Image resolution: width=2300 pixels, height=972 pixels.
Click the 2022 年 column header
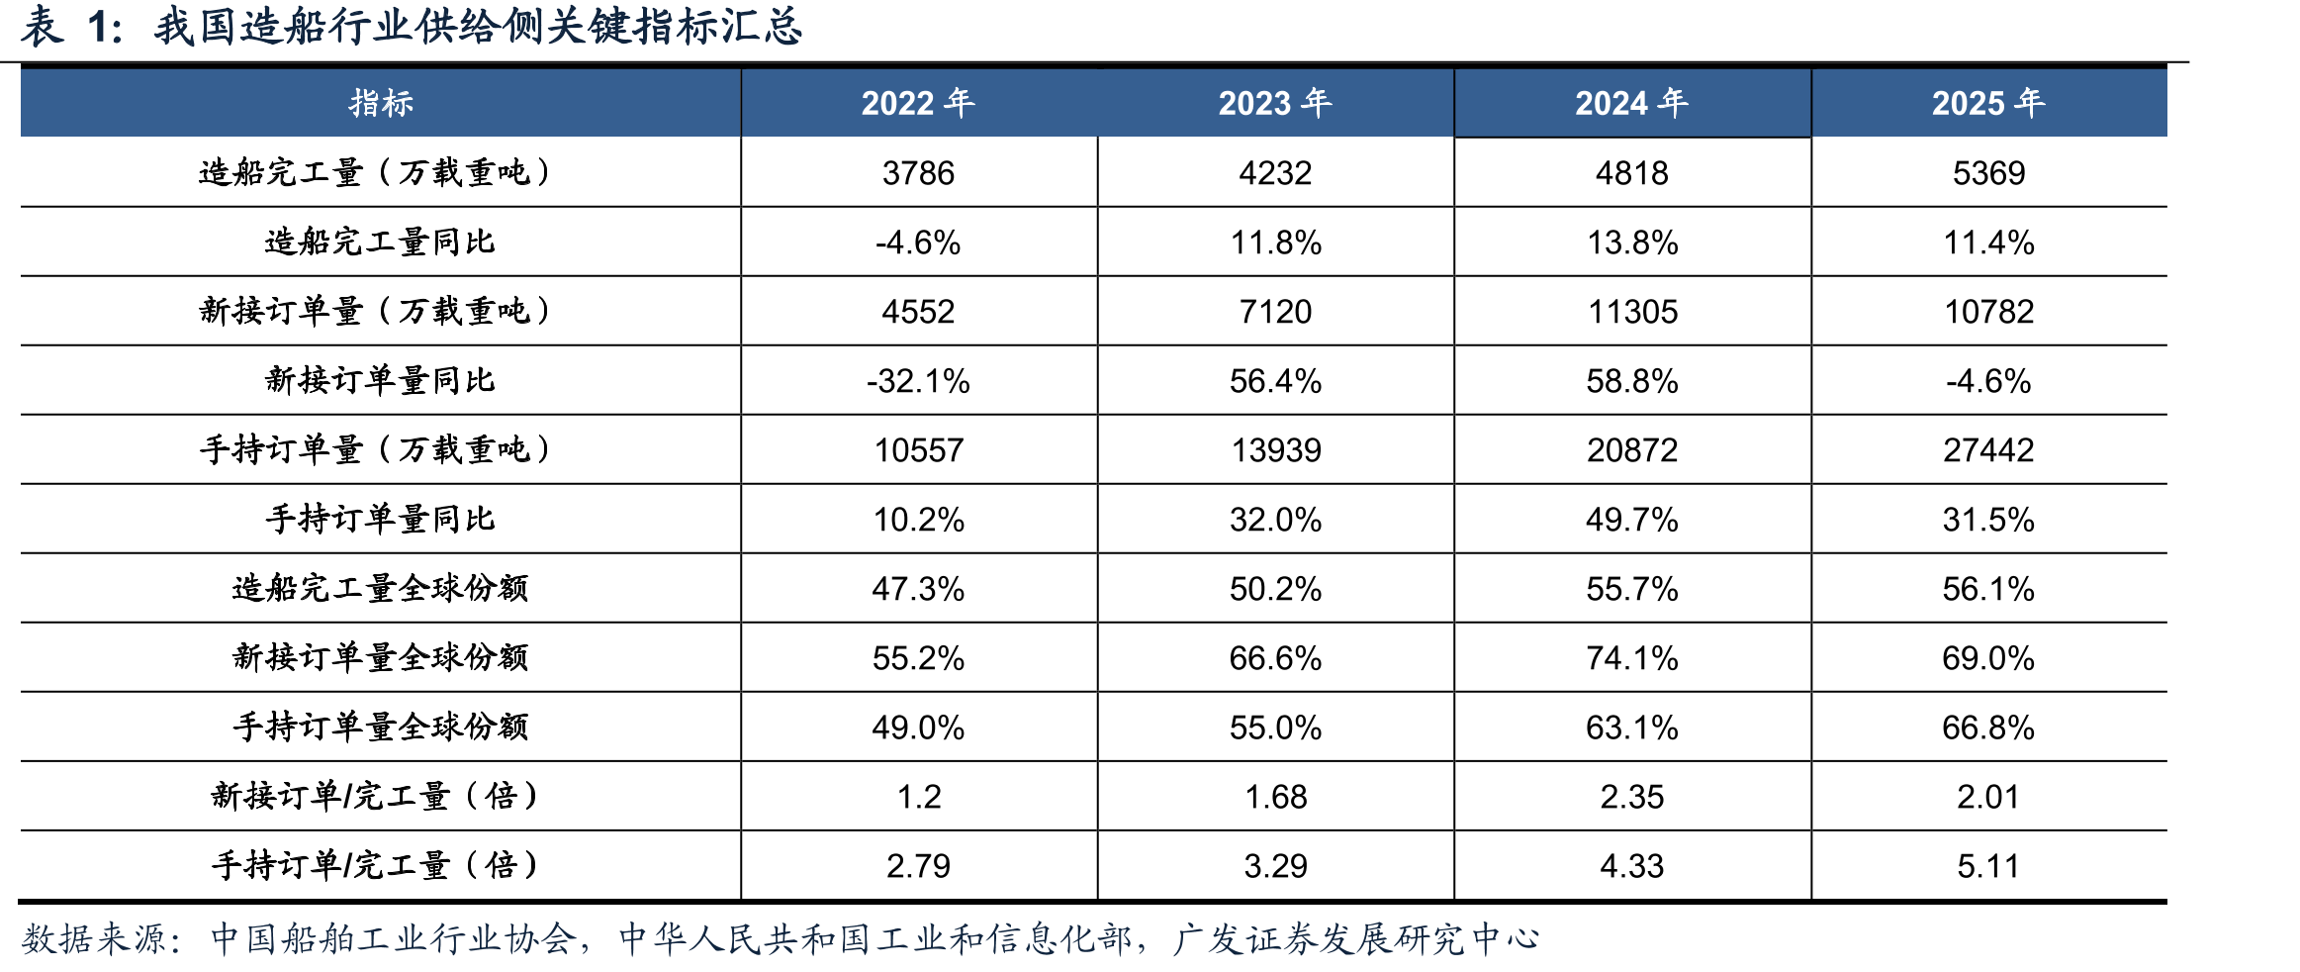pos(918,103)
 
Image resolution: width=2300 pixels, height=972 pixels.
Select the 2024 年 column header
pos(1632,103)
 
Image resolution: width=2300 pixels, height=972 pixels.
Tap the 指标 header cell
pos(381,103)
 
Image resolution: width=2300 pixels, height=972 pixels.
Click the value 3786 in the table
pos(918,173)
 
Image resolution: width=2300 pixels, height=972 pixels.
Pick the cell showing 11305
pos(1632,312)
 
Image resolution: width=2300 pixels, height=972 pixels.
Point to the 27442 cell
pos(1988,450)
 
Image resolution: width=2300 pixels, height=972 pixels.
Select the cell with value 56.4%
pos(1275,381)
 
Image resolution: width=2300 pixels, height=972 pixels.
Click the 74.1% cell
pos(1632,658)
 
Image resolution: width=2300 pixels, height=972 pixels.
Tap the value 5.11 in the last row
pos(1988,866)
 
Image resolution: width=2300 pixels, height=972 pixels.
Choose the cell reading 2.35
pos(1632,797)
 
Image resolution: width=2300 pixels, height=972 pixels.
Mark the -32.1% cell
pos(918,381)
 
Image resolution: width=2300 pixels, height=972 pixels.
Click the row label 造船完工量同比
pos(380,242)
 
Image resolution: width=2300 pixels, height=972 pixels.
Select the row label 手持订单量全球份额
pos(381,727)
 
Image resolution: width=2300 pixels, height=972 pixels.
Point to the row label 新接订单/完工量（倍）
pos(375,796)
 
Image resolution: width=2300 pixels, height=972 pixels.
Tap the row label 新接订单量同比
pos(380,380)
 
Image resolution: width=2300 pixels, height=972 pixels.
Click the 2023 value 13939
pos(1275,450)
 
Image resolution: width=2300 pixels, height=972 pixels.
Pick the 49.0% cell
pos(918,728)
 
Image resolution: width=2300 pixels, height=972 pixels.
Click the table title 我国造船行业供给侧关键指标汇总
pos(478,27)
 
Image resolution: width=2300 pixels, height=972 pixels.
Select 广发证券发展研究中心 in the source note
pos(1356,938)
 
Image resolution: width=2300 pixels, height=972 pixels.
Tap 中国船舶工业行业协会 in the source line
pos(394,938)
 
